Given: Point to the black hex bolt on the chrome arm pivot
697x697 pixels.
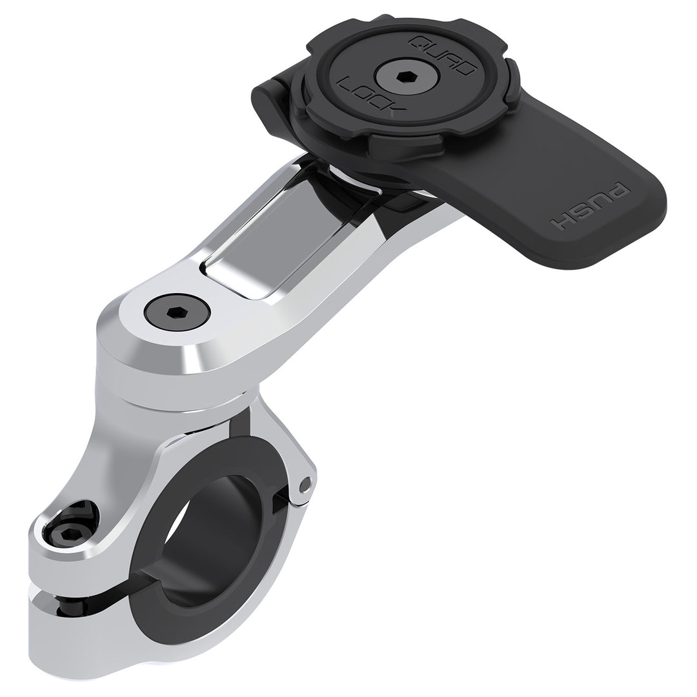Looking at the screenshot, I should click(176, 313).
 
